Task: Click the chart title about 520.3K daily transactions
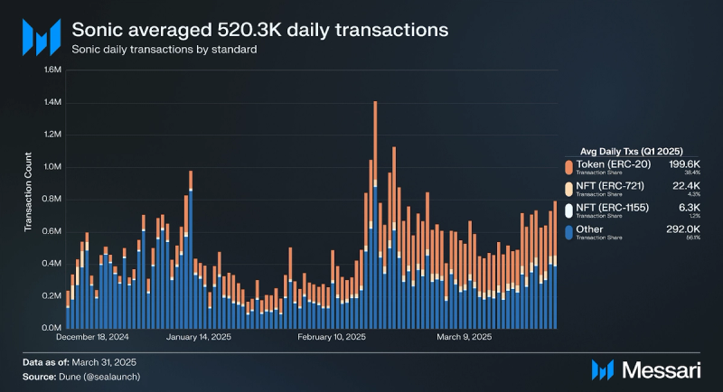(x=260, y=30)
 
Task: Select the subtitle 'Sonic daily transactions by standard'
(x=164, y=50)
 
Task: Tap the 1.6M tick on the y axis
(x=49, y=70)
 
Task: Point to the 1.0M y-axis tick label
(x=49, y=166)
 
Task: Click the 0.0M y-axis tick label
(x=49, y=327)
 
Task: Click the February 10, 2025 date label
(x=332, y=338)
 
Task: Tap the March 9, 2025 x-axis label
(x=464, y=338)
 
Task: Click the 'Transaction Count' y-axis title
(x=29, y=198)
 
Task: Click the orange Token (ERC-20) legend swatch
(x=568, y=166)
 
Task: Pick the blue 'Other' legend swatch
(x=568, y=233)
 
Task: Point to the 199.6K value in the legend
(x=681, y=163)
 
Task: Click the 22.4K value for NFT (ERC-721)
(x=682, y=186)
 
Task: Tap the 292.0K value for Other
(x=680, y=230)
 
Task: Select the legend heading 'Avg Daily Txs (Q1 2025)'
(x=631, y=150)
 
